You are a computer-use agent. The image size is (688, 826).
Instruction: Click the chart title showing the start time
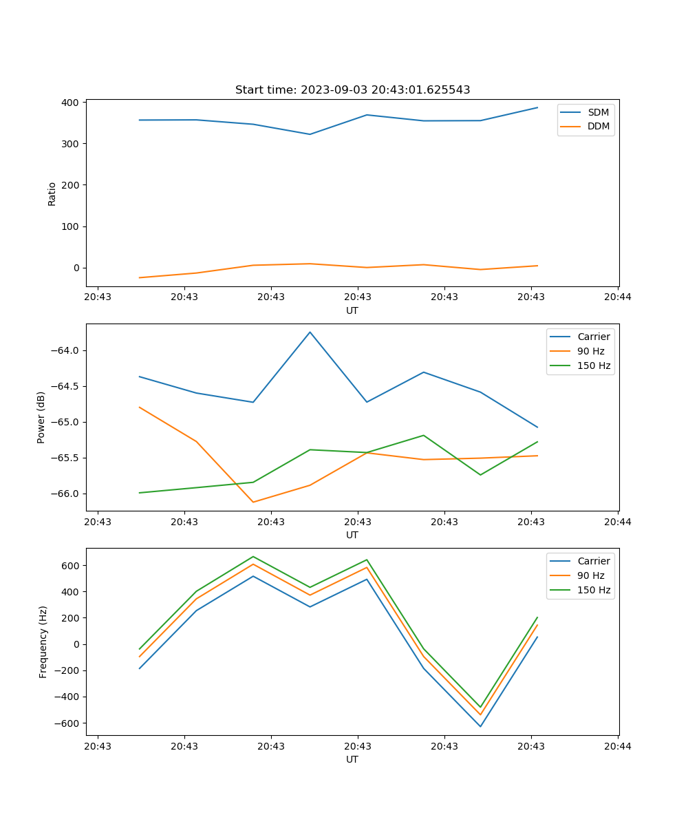click(x=352, y=90)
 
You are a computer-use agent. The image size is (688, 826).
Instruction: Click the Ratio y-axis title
click(x=52, y=194)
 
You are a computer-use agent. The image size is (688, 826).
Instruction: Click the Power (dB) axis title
click(x=41, y=417)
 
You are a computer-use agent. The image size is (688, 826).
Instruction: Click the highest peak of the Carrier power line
click(x=310, y=332)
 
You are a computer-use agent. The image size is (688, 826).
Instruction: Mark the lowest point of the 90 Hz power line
click(x=253, y=502)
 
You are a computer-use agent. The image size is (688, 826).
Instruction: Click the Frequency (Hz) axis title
click(x=43, y=642)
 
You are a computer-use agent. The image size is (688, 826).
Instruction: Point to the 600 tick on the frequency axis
click(x=72, y=566)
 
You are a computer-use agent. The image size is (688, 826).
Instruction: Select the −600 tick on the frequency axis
click(x=69, y=723)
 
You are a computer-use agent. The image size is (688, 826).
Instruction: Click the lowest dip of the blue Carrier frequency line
click(x=480, y=726)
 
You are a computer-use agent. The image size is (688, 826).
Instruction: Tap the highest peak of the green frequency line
click(x=253, y=556)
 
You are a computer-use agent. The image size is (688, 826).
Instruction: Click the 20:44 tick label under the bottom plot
click(x=618, y=746)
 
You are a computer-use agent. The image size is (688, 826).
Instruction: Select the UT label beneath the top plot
click(x=352, y=310)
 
